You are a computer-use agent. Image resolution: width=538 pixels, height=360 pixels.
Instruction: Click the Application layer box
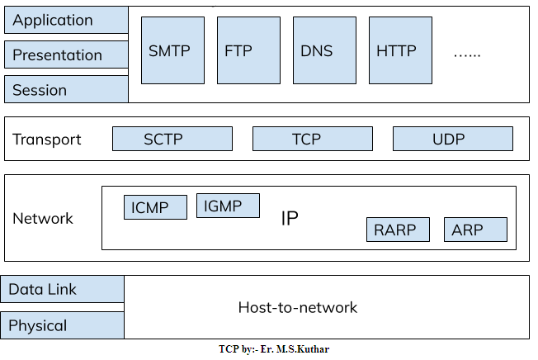pos(66,21)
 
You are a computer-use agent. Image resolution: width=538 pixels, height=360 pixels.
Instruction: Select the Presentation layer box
pos(66,55)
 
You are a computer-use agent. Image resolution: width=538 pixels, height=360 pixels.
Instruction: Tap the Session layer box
pos(66,89)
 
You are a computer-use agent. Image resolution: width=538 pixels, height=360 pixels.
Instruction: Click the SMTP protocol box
pos(172,51)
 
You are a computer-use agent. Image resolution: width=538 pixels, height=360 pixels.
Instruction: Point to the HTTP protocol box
pos(400,51)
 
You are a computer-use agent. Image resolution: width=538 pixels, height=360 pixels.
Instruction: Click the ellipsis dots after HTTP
pos(467,54)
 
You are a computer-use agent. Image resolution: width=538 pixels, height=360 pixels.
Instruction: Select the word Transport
pos(47,140)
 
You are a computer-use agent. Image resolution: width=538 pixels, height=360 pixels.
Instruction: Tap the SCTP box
pos(172,139)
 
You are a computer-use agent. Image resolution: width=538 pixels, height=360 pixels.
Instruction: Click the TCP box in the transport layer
pos(312,139)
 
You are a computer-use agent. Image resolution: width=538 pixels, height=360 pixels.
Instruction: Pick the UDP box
pos(452,139)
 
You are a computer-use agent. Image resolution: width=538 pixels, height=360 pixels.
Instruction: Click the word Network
pos(43,219)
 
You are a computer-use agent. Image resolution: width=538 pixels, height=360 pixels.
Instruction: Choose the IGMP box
pos(228,206)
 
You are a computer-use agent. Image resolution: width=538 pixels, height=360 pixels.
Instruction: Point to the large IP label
pos(290,219)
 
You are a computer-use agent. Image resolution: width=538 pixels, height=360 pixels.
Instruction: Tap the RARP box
pos(398,230)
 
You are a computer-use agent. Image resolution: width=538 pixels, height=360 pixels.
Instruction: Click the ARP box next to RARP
pos(475,230)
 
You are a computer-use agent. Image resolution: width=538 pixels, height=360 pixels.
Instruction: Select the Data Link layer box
pos(64,289)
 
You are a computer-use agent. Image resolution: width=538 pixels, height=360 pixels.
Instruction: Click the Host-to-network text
pos(298,308)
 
